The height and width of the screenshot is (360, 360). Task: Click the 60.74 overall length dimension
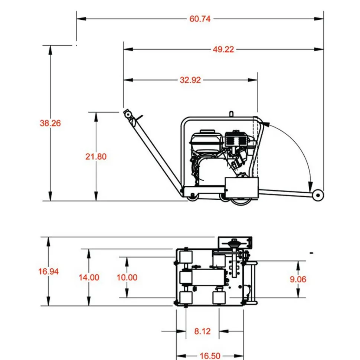pos(200,19)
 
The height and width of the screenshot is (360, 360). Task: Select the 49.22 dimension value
pos(223,49)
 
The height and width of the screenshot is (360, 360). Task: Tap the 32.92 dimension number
pos(190,80)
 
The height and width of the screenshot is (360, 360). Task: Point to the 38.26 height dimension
pos(50,123)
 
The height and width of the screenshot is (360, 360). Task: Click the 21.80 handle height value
pos(96,157)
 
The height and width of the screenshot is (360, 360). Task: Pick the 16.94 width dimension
pos(48,271)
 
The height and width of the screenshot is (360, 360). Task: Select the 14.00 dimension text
pos(89,277)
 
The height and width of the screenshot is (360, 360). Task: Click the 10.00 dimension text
pos(127,277)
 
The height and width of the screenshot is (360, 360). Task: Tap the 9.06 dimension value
pos(298,279)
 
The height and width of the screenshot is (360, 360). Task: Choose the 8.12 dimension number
pos(202,331)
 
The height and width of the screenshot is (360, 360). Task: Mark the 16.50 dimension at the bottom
pos(210,356)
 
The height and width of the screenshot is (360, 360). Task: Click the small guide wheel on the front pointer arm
pos(318,196)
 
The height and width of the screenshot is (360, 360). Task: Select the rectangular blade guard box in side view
pos(242,187)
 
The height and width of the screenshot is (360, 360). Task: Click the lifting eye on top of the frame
pos(230,114)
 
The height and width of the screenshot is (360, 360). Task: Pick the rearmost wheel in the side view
pos(192,198)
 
